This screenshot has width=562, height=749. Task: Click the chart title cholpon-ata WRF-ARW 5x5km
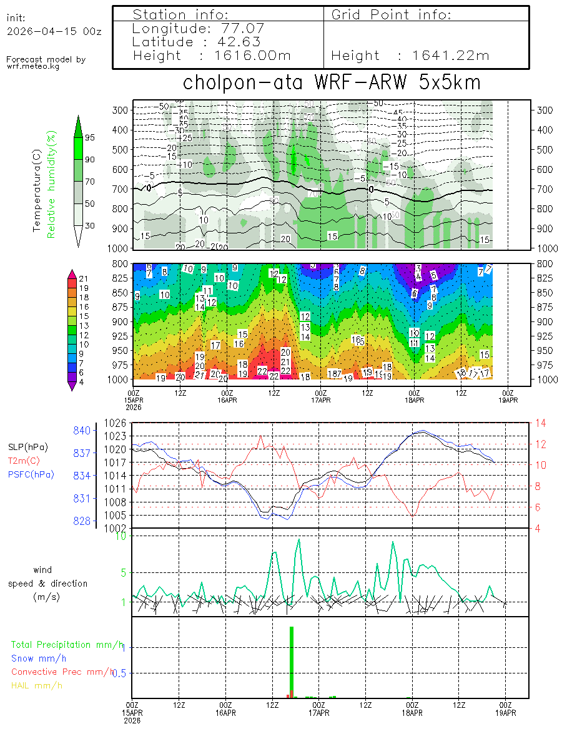pos(331,83)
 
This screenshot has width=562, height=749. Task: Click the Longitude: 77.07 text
pos(199,28)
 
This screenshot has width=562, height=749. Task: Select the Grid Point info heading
pos(392,14)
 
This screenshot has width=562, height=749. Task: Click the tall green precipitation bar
pos(292,662)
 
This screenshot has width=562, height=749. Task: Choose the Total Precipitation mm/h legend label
pos(67,644)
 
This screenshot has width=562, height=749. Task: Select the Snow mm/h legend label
pos(39,658)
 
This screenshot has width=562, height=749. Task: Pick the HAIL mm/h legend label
pos(37,685)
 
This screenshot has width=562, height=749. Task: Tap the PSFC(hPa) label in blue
pos(31,474)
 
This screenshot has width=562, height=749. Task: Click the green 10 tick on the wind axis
pos(122,536)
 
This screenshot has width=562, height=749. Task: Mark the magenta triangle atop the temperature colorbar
pos(72,274)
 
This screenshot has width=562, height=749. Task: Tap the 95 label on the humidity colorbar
pos(90,137)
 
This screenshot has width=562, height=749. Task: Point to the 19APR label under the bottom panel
pos(505,712)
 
